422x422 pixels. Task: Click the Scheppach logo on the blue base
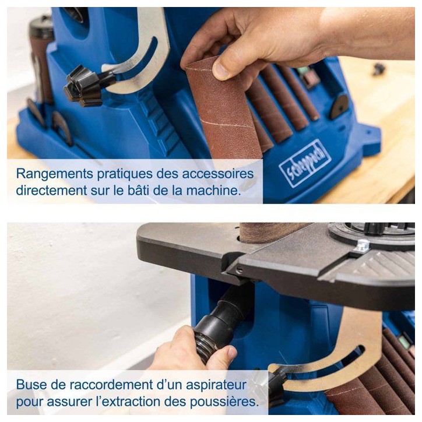[x=305, y=163]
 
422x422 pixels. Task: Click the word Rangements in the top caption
[x=55, y=174]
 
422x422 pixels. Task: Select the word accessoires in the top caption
[x=218, y=174]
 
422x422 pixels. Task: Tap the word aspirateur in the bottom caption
[x=216, y=385]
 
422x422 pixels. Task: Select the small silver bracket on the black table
[x=361, y=246]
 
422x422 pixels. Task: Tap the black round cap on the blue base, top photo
[x=339, y=107]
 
